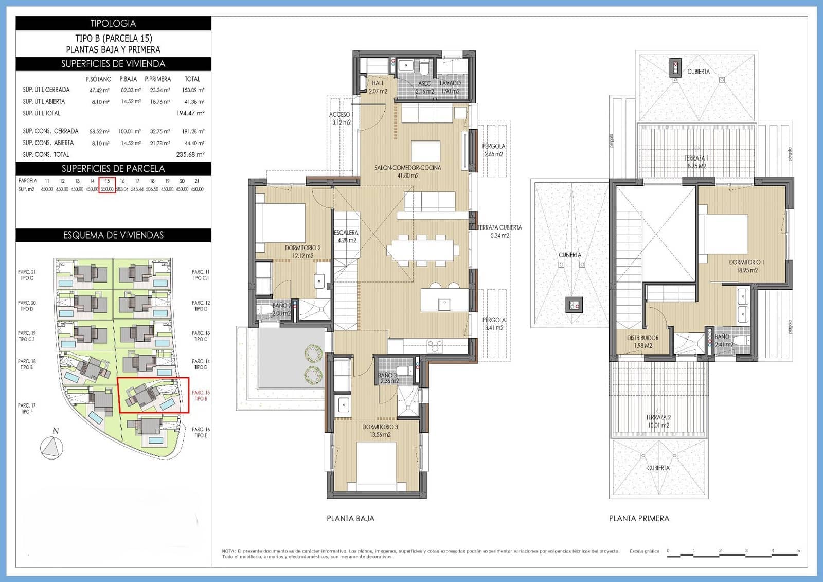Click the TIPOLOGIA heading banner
pyautogui.click(x=113, y=23)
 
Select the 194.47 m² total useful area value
pyautogui.click(x=190, y=113)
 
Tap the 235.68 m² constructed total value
pyautogui.click(x=190, y=154)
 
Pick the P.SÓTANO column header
pyautogui.click(x=98, y=79)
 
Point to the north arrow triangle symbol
pyautogui.click(x=51, y=448)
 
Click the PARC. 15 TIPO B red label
pyautogui.click(x=200, y=396)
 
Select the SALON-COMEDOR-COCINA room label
pyautogui.click(x=407, y=171)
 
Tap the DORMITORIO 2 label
pyautogui.click(x=302, y=252)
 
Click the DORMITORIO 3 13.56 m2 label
pyautogui.click(x=380, y=431)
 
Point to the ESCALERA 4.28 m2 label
pyautogui.click(x=346, y=236)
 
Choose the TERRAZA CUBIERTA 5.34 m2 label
pyautogui.click(x=499, y=231)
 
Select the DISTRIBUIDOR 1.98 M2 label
pyautogui.click(x=642, y=342)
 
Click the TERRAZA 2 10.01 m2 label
pyautogui.click(x=658, y=421)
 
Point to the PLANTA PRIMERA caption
pyautogui.click(x=639, y=519)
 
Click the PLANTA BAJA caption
pyautogui.click(x=350, y=519)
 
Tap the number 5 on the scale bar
pyautogui.click(x=798, y=551)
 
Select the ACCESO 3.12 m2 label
pyautogui.click(x=340, y=118)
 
